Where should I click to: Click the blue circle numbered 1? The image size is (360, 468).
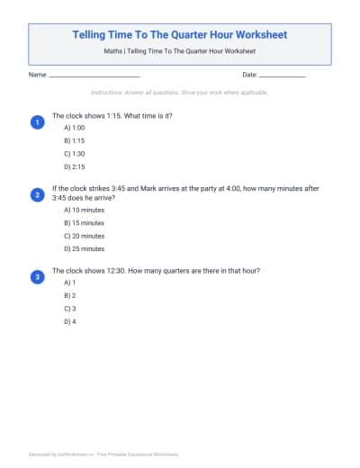click(37, 121)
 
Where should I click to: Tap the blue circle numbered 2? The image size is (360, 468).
click(37, 194)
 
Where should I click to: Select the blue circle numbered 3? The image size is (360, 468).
click(37, 277)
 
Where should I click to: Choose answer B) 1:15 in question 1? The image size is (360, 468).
click(74, 141)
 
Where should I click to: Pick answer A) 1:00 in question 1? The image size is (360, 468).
click(74, 129)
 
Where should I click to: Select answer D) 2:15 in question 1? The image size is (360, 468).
click(74, 166)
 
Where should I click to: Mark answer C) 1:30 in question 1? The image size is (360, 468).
click(74, 154)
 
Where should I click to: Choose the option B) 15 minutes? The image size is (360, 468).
click(84, 223)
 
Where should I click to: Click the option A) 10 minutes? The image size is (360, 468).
click(84, 211)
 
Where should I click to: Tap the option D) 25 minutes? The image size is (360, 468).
click(84, 248)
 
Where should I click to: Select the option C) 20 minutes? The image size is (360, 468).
click(84, 236)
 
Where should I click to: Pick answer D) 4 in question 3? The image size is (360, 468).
click(69, 320)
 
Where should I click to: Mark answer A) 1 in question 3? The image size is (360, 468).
click(69, 283)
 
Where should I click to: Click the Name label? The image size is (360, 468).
click(38, 75)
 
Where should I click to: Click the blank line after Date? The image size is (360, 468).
click(283, 76)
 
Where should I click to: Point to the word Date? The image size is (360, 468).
click(250, 75)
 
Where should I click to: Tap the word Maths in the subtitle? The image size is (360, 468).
click(112, 52)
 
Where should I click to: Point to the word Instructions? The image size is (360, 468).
click(110, 93)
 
